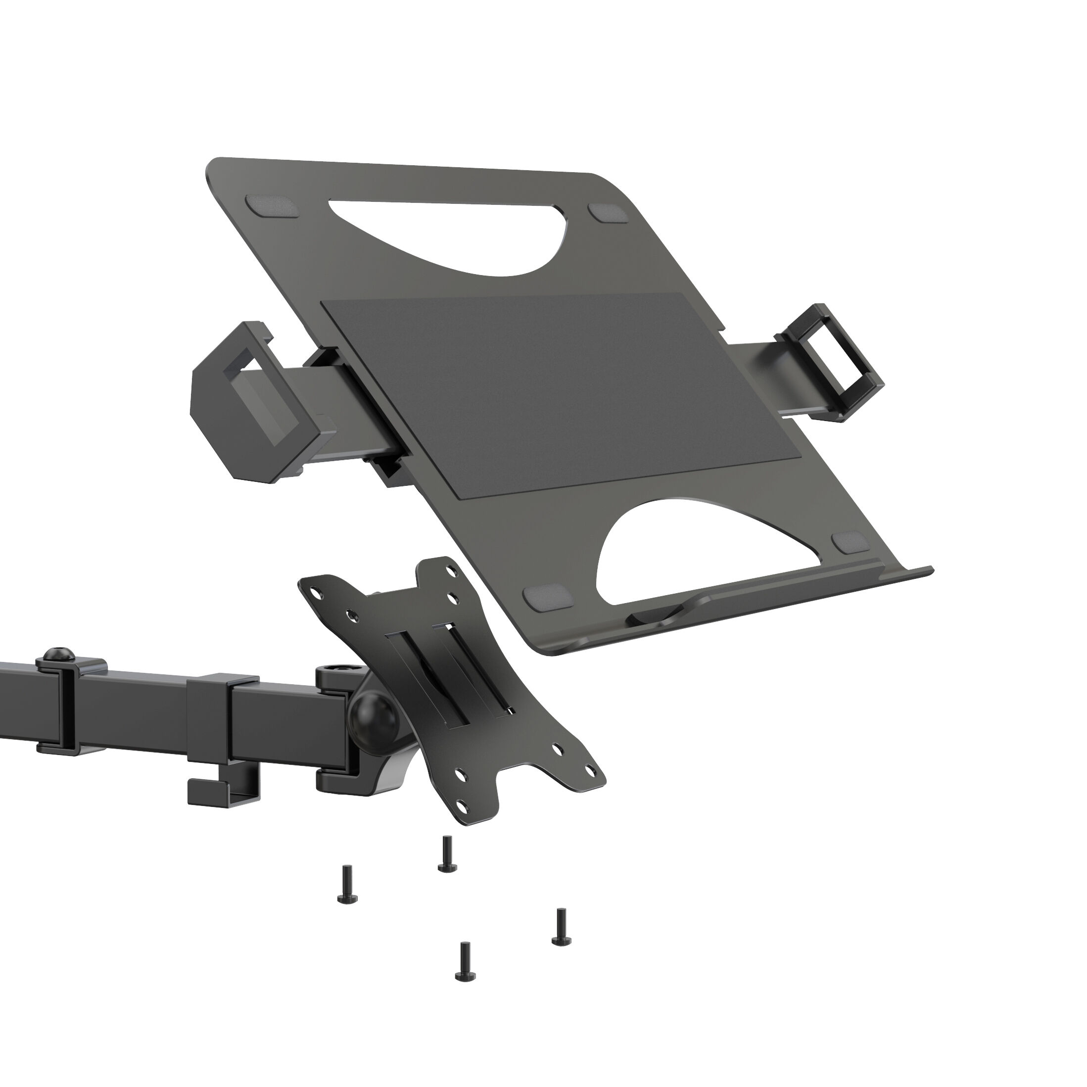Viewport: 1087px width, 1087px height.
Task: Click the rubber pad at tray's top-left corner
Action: pos(271,206)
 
